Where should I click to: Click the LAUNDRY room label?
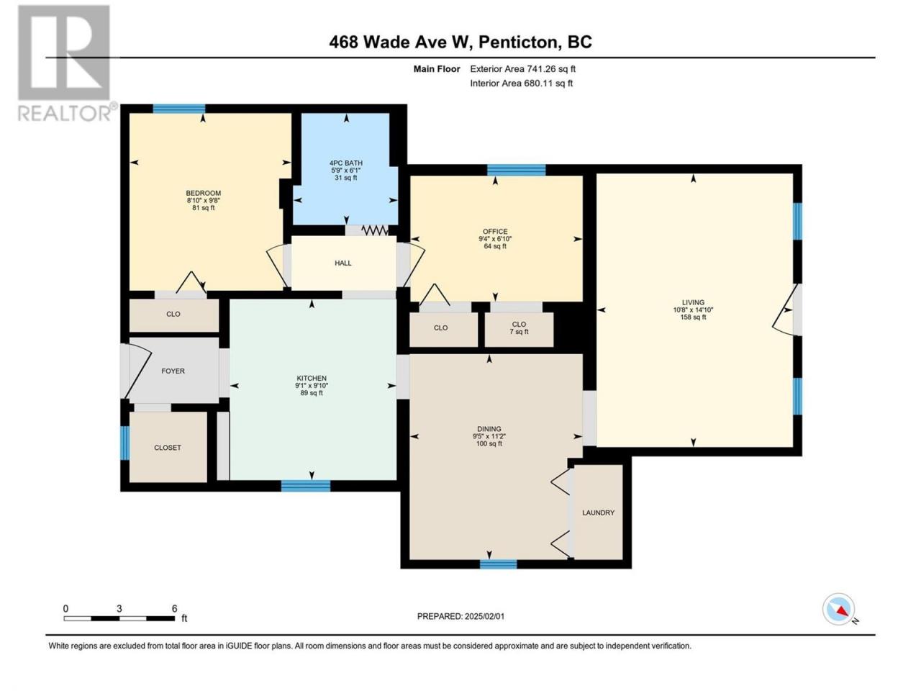tap(598, 512)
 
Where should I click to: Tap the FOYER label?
tap(173, 371)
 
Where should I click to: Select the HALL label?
tap(342, 263)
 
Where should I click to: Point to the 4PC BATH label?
tap(346, 163)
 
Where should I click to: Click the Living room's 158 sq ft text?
tap(693, 317)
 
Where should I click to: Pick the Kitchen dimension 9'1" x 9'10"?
tap(312, 386)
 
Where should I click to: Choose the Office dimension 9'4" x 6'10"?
tap(495, 239)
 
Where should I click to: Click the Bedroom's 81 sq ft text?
tap(203, 208)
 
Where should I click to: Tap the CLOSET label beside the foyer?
tap(168, 448)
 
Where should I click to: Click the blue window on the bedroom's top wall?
tap(178, 109)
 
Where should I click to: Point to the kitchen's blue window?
tap(306, 486)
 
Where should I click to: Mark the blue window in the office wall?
tap(516, 170)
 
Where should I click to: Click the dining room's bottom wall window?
tap(498, 564)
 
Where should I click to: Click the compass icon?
tap(838, 609)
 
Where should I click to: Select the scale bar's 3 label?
tap(119, 609)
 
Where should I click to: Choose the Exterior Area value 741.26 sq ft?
tap(552, 69)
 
